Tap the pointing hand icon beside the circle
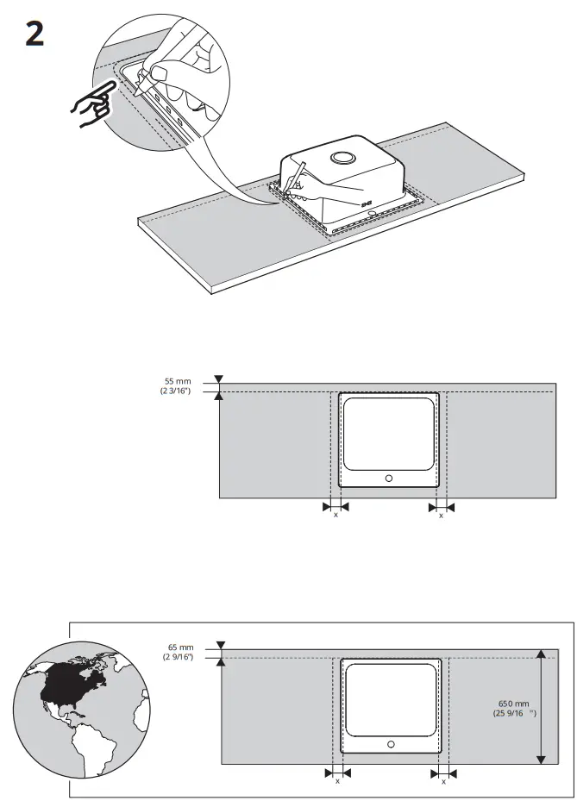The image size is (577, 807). pos(91,104)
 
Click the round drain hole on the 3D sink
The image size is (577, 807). pos(343,158)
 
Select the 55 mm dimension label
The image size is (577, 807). pos(177,380)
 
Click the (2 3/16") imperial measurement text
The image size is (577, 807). pos(175,391)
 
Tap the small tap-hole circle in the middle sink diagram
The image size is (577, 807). pos(388,479)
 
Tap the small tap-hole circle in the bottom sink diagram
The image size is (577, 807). pos(391,743)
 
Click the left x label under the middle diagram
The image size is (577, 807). pos(336,515)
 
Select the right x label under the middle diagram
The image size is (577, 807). pos(441,515)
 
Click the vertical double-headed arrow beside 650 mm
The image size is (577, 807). pos(541,707)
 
